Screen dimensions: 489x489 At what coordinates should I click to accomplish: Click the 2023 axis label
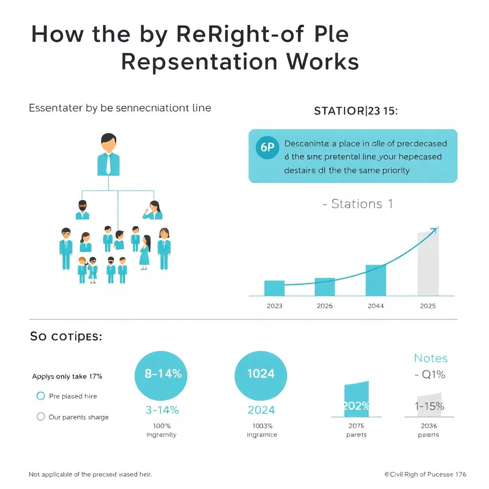click(274, 306)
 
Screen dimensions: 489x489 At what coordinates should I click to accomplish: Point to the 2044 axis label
click(376, 306)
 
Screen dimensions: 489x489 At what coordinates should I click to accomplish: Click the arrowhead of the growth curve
click(434, 230)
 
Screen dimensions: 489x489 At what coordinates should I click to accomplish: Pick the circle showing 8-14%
click(163, 374)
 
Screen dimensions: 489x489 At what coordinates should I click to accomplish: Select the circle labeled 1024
click(261, 374)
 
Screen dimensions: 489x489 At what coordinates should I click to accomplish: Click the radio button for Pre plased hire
click(41, 396)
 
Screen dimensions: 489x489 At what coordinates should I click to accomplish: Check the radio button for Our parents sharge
click(41, 416)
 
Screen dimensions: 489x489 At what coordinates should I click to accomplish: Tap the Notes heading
click(431, 358)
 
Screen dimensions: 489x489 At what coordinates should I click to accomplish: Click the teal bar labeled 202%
click(356, 400)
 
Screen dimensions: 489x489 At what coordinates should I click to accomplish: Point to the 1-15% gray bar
click(429, 405)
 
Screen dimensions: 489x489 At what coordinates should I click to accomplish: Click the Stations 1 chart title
click(358, 204)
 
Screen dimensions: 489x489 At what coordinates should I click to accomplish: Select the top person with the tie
click(108, 155)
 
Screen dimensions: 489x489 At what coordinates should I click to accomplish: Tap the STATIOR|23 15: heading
click(356, 111)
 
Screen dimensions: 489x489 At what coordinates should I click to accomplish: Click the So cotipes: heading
click(66, 336)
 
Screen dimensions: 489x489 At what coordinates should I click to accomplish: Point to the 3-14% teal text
click(162, 410)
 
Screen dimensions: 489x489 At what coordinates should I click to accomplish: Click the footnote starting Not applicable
click(90, 474)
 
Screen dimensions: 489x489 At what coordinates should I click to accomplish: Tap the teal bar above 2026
click(325, 287)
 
